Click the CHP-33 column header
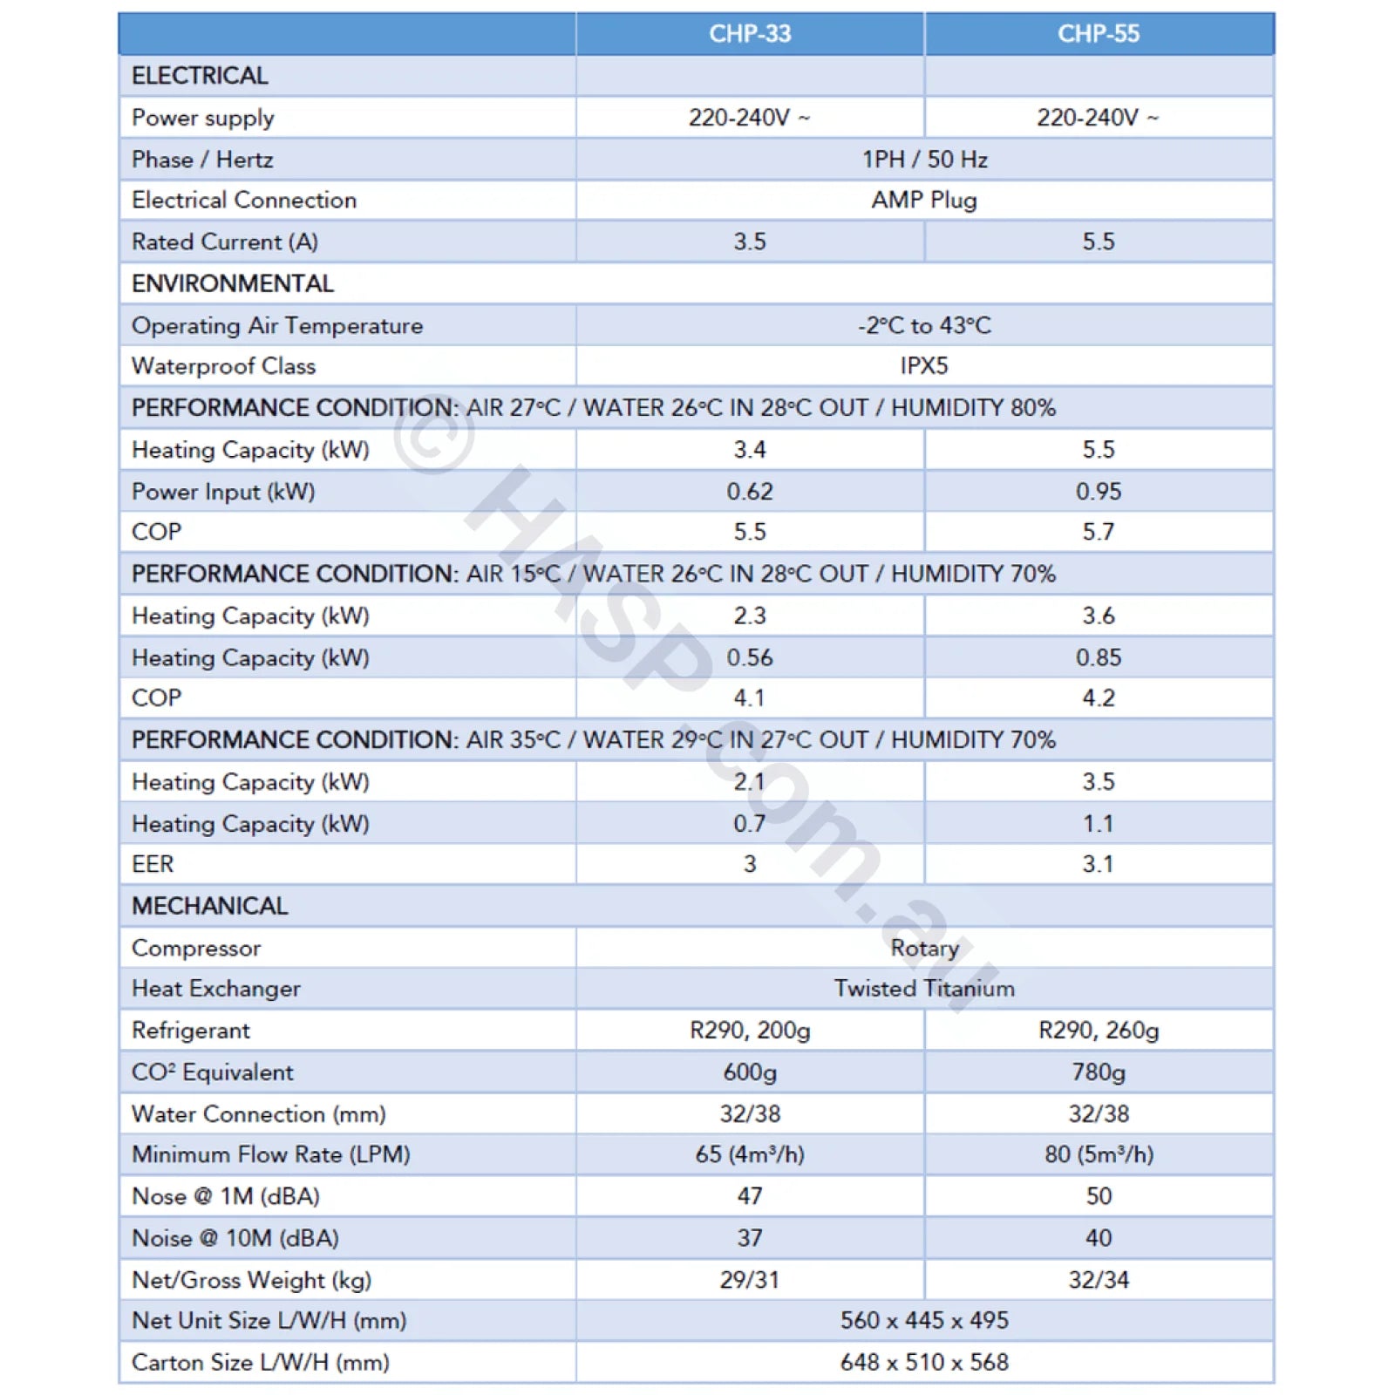click(749, 34)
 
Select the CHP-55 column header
click(1098, 34)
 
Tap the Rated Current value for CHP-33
click(749, 242)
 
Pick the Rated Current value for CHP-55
click(1098, 242)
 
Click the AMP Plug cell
click(923, 201)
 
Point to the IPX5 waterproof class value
click(923, 366)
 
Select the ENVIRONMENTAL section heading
click(233, 283)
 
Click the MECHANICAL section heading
click(209, 906)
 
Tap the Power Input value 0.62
click(749, 492)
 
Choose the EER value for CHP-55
click(1098, 864)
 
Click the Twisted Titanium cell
click(923, 989)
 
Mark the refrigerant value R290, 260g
click(1098, 1031)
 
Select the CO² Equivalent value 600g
click(749, 1072)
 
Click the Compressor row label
click(196, 948)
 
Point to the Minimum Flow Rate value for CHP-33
click(749, 1154)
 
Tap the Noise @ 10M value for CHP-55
click(1098, 1238)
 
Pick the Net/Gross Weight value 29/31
click(749, 1280)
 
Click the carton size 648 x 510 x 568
click(923, 1362)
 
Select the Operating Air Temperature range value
click(923, 326)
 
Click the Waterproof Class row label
click(223, 366)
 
